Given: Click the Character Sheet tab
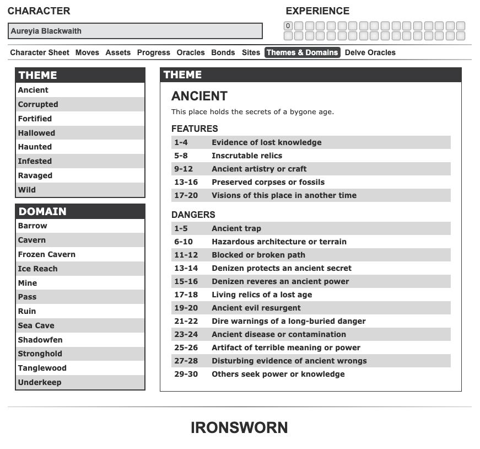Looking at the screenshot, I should tap(40, 52).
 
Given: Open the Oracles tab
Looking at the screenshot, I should tap(191, 52).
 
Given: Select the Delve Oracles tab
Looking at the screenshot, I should tap(370, 52).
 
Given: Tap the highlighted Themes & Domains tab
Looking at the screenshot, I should tap(303, 52).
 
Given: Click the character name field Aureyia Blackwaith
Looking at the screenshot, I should tap(135, 31).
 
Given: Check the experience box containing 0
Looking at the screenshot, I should tap(288, 26).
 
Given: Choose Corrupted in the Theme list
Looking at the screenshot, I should tap(38, 104).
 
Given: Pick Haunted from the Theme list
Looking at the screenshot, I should tap(35, 147).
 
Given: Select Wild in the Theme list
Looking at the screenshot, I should tap(27, 190).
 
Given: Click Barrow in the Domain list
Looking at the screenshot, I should tap(33, 226).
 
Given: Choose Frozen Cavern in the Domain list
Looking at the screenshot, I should tap(47, 254).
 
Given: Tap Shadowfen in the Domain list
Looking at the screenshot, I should tap(40, 340).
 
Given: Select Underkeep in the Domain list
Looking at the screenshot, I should tap(40, 382).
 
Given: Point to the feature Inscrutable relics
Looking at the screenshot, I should tap(247, 156).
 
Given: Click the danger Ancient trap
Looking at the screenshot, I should tap(236, 228).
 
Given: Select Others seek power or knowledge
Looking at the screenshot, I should tap(278, 374).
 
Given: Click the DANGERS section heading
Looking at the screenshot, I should tap(193, 215).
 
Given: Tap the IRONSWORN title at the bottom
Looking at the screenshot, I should tap(239, 427).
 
